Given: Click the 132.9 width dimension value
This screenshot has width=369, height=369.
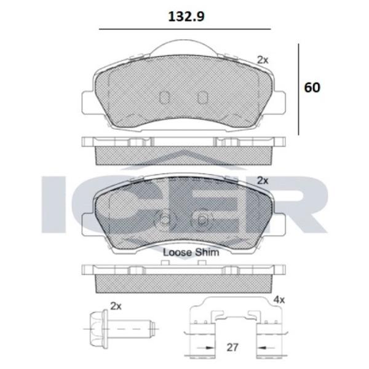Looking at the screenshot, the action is click(186, 17).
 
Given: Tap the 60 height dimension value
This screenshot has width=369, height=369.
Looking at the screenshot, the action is click(312, 87).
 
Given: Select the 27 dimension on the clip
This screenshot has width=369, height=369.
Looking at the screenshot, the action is click(232, 347).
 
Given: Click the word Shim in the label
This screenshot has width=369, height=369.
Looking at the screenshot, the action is click(207, 253).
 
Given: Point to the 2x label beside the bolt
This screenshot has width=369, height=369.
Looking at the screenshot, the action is click(116, 306).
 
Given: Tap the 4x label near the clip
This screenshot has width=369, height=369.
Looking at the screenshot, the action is click(279, 300).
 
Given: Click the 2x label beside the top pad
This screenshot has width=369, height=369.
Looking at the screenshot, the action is click(263, 60).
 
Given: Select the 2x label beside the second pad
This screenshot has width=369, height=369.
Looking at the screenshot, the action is click(263, 181).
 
